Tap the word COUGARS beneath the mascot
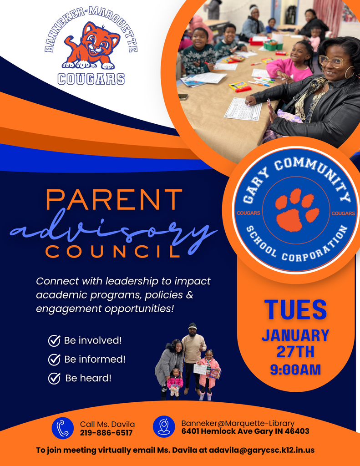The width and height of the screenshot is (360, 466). click(x=91, y=79)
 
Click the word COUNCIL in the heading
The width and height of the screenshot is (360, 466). click(x=114, y=252)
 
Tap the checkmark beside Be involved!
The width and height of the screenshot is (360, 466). click(x=55, y=340)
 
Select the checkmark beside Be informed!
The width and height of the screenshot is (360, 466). click(x=55, y=360)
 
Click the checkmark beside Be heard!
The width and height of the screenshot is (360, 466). click(x=55, y=378)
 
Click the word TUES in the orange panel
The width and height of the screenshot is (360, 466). click(x=296, y=309)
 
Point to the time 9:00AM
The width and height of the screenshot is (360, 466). click(x=296, y=369)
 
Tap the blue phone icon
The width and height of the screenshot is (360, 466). click(x=62, y=428)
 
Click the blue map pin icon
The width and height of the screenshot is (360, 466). click(x=164, y=427)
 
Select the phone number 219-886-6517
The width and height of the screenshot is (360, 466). click(x=106, y=433)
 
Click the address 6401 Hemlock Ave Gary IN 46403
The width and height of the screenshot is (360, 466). click(x=245, y=431)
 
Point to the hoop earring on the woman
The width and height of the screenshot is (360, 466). click(x=350, y=72)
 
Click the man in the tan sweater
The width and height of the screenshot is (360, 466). click(x=193, y=353)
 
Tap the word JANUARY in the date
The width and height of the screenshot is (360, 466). click(x=295, y=335)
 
